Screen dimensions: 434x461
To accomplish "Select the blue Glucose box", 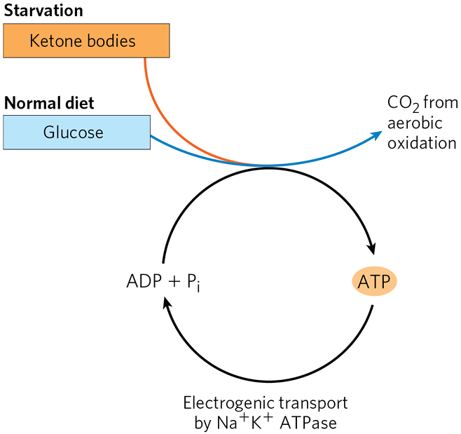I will coord(76,133).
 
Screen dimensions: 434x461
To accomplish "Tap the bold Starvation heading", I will coord(43,11).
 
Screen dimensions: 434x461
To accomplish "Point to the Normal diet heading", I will coord(49,103).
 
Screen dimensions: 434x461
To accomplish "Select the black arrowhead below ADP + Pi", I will coord(165,303).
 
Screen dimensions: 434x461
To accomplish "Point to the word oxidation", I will coord(422,143).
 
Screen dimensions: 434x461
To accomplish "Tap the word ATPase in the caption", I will coord(315,423).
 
